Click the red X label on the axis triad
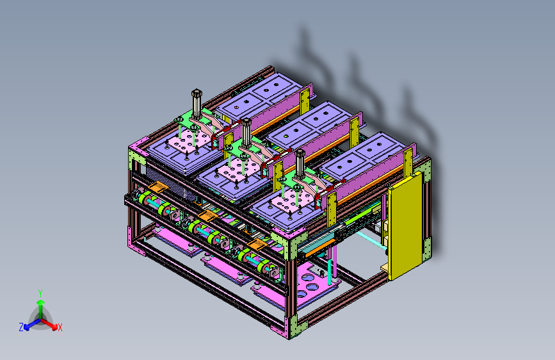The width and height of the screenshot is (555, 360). (x=60, y=328)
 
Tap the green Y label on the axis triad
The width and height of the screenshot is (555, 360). (x=40, y=293)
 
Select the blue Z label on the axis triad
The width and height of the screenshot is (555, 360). (x=21, y=327)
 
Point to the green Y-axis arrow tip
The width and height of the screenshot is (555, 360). (x=41, y=302)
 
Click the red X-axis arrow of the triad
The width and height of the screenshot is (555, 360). (x=49, y=323)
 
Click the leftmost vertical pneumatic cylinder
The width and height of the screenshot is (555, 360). (x=197, y=104)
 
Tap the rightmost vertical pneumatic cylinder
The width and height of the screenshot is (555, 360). (x=300, y=164)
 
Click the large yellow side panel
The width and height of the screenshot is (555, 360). (x=406, y=225)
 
